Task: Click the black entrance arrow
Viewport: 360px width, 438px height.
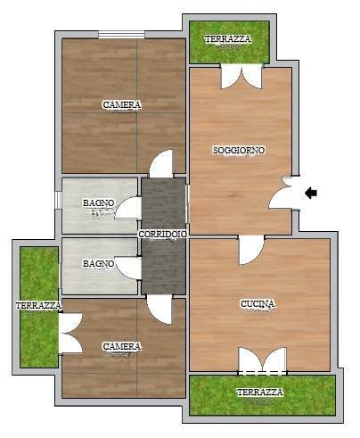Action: click(x=311, y=193)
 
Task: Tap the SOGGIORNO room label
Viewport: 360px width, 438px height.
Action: click(x=239, y=150)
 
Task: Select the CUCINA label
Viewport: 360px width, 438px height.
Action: click(x=258, y=304)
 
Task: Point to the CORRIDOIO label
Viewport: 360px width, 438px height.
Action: click(x=163, y=234)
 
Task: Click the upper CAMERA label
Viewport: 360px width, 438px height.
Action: click(x=122, y=104)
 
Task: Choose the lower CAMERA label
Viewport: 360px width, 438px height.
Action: click(x=122, y=346)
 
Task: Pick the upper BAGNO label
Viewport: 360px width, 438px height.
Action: click(x=98, y=203)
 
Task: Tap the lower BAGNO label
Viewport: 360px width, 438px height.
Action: click(x=98, y=263)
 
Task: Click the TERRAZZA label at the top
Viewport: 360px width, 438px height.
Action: click(x=228, y=39)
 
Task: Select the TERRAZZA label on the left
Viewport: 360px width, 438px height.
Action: click(x=39, y=305)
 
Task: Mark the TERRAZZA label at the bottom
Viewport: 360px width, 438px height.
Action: click(x=260, y=393)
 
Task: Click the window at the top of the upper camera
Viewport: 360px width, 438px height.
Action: click(x=122, y=35)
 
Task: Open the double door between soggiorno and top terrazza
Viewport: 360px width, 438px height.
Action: click(x=241, y=76)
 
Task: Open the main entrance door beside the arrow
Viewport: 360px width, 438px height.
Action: click(x=283, y=194)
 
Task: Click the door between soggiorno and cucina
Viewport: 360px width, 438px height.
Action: click(x=251, y=249)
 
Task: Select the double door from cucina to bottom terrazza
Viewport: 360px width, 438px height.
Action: click(x=263, y=359)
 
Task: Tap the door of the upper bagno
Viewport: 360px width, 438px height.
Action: click(x=128, y=208)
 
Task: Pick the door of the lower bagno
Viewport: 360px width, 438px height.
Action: click(x=128, y=268)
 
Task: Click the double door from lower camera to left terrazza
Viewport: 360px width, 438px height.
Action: click(x=70, y=333)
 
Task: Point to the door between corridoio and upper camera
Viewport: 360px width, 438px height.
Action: click(x=161, y=163)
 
